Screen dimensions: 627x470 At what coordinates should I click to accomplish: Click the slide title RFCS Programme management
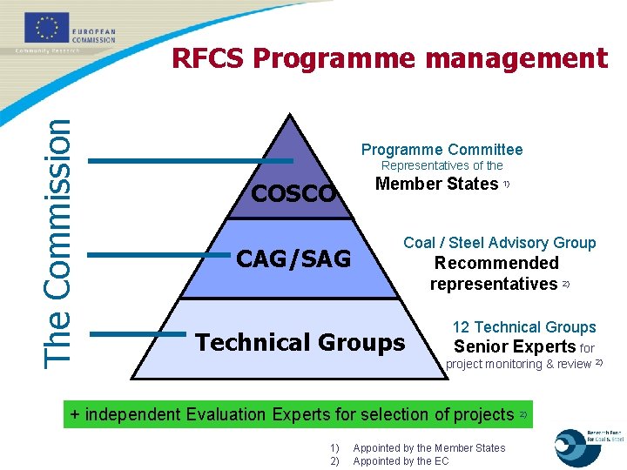tap(389, 58)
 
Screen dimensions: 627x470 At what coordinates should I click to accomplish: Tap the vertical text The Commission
tap(58, 242)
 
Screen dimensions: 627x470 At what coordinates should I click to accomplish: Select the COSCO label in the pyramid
tap(293, 192)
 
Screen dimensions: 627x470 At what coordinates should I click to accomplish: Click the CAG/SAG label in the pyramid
tap(293, 258)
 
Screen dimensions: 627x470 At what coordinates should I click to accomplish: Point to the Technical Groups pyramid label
tap(300, 343)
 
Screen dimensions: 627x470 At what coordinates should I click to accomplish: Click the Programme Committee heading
tap(442, 150)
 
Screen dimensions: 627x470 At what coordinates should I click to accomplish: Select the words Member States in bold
tap(436, 184)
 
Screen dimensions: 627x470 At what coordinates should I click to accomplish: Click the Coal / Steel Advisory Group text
tap(500, 243)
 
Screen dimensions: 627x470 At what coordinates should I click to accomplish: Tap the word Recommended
tap(496, 263)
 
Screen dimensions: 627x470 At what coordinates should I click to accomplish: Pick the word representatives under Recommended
tap(493, 284)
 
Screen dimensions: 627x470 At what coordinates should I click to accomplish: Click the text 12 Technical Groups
tap(524, 327)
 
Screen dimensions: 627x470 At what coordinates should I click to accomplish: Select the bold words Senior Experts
tap(516, 346)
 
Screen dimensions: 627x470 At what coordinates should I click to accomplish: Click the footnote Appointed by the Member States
tap(428, 448)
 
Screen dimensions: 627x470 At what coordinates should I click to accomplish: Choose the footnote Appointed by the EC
tap(401, 461)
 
